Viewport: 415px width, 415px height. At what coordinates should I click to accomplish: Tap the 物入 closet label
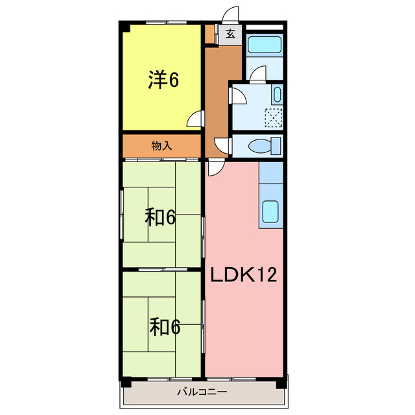161,146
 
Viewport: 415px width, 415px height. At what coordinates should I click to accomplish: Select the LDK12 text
243,275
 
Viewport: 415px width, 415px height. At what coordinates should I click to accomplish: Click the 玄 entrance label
230,34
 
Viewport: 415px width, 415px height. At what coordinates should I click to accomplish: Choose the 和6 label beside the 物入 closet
160,218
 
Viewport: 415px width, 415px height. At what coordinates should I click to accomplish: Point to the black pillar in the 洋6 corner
126,28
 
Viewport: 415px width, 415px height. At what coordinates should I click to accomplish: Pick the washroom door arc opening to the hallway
238,97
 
